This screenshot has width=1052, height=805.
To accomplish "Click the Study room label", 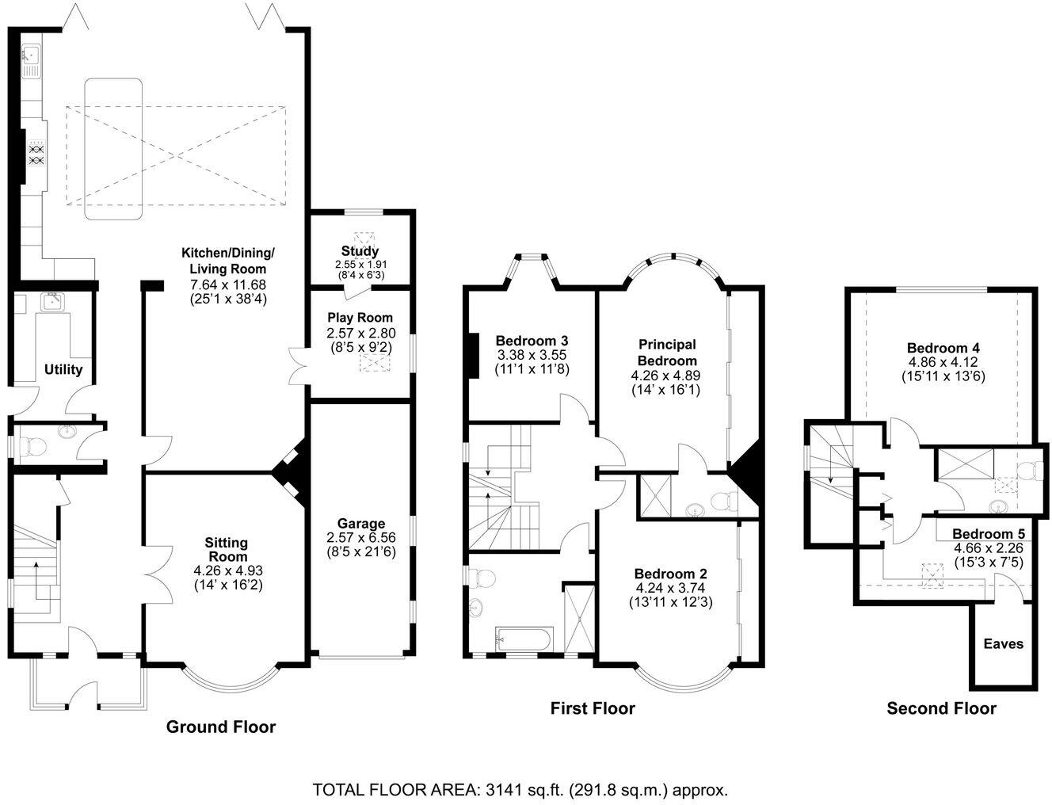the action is click(360, 251).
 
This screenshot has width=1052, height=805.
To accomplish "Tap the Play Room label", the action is click(360, 318).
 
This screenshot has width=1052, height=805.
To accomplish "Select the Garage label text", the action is click(361, 524).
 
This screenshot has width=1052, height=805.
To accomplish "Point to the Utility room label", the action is click(63, 369).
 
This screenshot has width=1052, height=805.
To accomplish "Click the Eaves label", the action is click(1003, 643).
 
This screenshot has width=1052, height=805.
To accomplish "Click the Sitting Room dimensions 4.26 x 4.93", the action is click(228, 570).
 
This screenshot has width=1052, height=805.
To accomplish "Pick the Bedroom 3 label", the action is click(532, 341).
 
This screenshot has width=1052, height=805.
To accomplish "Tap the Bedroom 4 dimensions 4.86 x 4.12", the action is click(943, 362).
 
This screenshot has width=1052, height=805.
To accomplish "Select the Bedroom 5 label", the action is click(989, 534).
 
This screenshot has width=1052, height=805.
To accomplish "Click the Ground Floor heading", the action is click(221, 727).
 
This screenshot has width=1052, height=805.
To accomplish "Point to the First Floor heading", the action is click(593, 708).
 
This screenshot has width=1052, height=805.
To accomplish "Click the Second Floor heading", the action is click(941, 708).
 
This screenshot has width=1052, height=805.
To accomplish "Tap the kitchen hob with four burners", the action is click(37, 153).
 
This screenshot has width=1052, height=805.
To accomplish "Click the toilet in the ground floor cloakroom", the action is click(32, 447).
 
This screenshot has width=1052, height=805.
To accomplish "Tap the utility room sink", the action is click(52, 302).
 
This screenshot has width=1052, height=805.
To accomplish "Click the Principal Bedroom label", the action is click(667, 352).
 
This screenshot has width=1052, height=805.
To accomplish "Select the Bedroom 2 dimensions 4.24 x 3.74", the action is click(670, 587).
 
